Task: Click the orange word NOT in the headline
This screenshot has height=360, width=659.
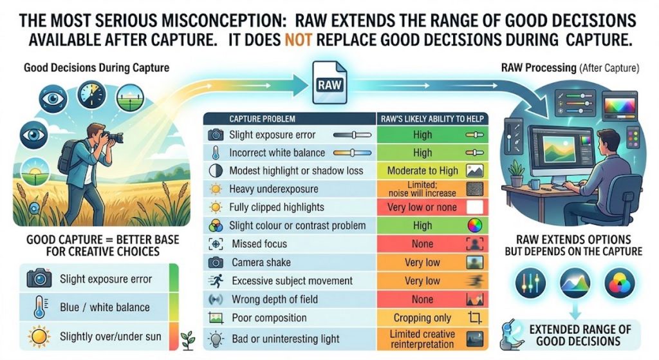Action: click(299, 40)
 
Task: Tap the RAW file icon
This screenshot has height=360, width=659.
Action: click(330, 83)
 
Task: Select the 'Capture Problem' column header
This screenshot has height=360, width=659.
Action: click(262, 119)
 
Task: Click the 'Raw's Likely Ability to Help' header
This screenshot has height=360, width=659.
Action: click(432, 119)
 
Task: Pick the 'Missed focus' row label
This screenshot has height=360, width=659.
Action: click(259, 244)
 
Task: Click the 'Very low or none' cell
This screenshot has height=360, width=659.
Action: click(422, 207)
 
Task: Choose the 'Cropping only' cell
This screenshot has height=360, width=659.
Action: click(422, 318)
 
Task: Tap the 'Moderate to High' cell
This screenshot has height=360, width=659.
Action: click(422, 171)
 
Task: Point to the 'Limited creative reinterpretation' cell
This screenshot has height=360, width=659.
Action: click(422, 339)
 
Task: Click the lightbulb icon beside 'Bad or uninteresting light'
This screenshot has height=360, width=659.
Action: click(216, 339)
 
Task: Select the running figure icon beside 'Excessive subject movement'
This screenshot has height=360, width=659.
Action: click(216, 281)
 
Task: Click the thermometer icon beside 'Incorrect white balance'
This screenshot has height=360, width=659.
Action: click(216, 153)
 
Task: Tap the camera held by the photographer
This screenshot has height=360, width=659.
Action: click(113, 137)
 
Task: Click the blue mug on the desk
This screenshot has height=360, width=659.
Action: click(534, 184)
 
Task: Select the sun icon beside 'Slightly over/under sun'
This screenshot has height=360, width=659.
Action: click(39, 336)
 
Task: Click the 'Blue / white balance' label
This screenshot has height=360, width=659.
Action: click(105, 307)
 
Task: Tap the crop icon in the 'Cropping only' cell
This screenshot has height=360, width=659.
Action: click(475, 317)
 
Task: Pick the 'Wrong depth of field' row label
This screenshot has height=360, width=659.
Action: click(275, 299)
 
